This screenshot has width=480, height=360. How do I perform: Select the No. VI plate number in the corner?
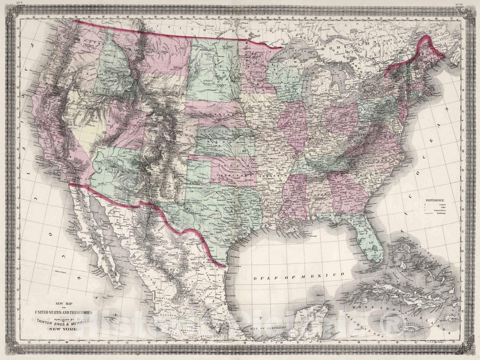tap(458, 4)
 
